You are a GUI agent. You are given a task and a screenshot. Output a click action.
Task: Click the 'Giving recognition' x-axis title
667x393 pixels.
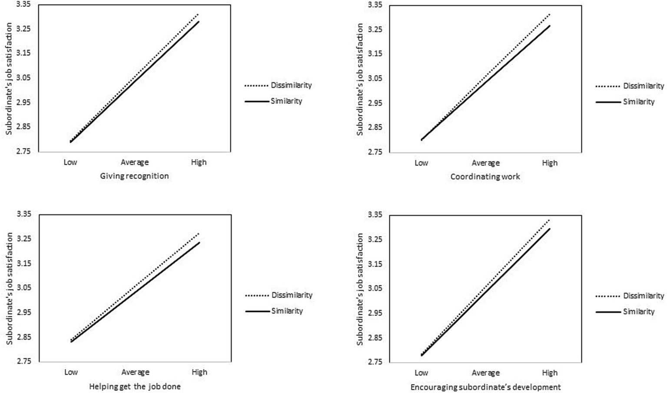134,176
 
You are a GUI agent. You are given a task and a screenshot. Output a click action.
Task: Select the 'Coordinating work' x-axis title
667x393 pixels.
485,177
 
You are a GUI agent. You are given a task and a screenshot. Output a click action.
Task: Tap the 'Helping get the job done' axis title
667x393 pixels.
135,386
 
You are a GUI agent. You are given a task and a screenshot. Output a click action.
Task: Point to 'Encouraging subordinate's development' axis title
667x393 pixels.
485,387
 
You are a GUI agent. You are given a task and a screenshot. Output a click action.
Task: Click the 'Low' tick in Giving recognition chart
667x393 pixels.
70,162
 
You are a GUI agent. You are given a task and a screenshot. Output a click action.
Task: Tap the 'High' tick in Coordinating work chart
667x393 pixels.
550,163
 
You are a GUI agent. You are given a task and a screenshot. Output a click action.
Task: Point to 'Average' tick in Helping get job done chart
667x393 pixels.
135,372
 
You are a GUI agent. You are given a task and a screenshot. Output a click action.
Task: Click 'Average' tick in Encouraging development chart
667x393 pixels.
485,373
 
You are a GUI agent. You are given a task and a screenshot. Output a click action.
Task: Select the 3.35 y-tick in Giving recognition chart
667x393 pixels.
24,4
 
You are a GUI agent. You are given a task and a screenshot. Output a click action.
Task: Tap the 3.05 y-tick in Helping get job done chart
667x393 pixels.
24,288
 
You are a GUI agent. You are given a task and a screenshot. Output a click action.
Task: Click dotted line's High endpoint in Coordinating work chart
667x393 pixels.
550,14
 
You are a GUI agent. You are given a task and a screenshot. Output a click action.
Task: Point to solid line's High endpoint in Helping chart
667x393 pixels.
199,243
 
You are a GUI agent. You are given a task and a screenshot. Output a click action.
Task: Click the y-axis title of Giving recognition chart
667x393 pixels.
9,79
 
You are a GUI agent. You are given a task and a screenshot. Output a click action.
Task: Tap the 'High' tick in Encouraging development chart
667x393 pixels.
550,373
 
